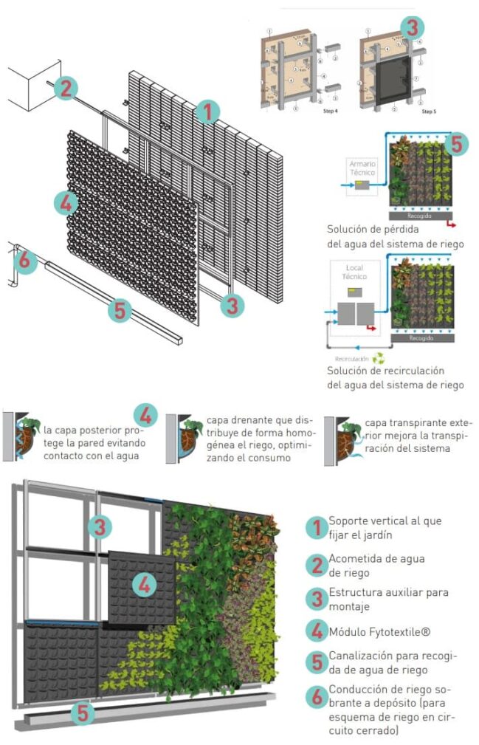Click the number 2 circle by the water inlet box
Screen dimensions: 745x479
66,89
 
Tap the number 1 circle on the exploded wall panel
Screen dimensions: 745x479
208,112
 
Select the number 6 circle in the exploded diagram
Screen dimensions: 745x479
24,260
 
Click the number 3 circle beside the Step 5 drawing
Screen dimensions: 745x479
413,27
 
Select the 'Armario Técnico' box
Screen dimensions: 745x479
362,168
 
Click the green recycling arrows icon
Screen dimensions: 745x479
379,358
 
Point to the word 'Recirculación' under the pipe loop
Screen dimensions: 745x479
352,358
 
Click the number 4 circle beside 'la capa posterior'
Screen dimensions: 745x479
145,416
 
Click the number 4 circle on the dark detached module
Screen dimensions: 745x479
145,585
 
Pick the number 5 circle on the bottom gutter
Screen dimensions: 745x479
84,713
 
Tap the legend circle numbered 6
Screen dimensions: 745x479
316,696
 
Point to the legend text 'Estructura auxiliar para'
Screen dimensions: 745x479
388,592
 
